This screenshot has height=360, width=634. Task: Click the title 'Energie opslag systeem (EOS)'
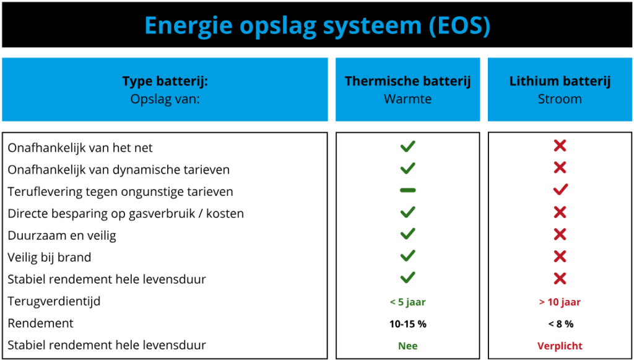pos(318,25)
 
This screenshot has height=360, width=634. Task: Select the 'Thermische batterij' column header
pos(407,81)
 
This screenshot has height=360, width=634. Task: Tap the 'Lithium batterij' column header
pos(560,81)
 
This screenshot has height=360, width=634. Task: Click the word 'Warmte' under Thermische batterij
pos(407,99)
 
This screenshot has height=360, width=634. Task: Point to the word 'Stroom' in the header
pos(560,99)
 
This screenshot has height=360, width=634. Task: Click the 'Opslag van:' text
pos(165,99)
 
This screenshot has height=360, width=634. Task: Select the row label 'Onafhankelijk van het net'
pos(80,147)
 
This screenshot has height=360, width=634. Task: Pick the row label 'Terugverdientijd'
pos(54,301)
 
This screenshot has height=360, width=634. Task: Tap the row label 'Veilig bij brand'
pos(50,257)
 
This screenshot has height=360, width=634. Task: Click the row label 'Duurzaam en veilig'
pos(62,235)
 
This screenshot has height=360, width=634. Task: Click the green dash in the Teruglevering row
pos(407,190)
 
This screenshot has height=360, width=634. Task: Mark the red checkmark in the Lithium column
pos(560,190)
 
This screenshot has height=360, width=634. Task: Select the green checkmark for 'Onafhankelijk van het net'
pos(407,146)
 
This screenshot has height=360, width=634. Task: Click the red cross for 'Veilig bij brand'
pos(560,256)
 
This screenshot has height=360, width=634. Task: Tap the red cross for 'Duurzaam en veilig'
pos(560,234)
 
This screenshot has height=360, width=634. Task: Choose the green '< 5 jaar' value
pos(407,302)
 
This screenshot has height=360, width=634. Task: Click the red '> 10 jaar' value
pos(560,302)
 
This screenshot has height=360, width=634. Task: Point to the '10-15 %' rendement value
pos(408,324)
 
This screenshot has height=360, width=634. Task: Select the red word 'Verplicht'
pos(560,346)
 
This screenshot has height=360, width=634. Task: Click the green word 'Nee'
pos(408,346)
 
